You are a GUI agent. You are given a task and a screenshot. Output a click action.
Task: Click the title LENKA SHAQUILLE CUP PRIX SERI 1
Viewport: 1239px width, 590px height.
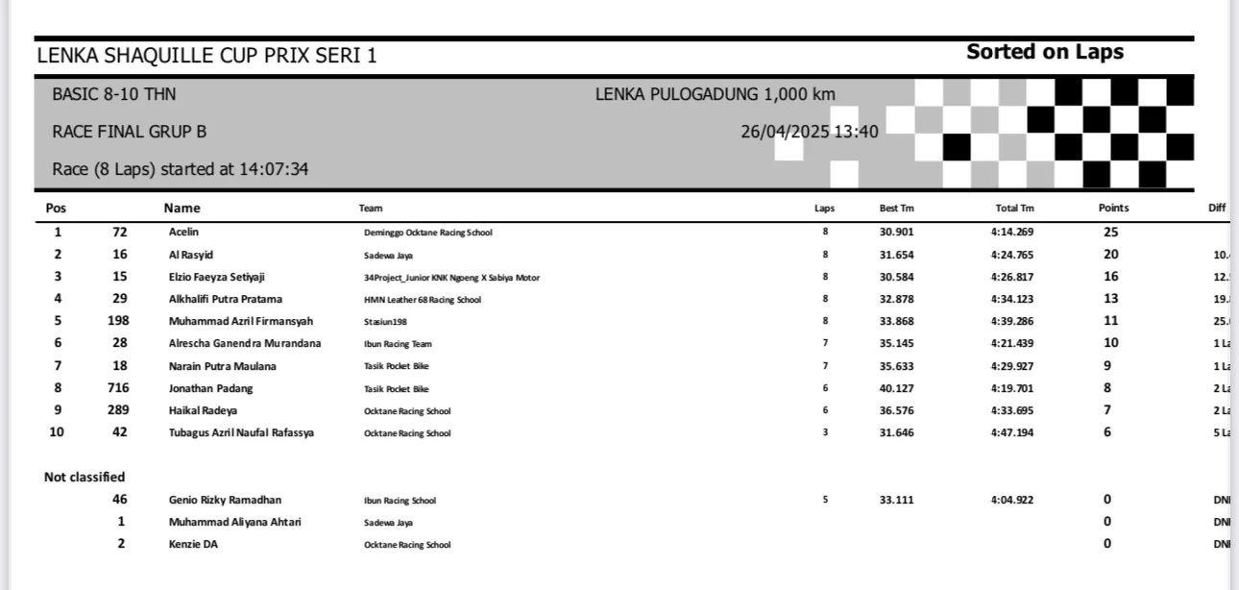(206, 56)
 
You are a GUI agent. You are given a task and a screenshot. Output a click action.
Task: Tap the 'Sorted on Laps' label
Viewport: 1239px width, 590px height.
(1044, 52)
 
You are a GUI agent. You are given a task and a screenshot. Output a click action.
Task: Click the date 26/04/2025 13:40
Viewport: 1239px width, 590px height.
(809, 132)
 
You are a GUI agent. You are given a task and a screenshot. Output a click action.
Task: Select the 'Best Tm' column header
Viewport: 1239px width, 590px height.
(896, 209)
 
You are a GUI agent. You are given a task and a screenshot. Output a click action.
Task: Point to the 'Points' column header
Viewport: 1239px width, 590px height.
(1113, 209)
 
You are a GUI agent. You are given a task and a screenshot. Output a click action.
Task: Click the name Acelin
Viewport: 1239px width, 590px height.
(183, 233)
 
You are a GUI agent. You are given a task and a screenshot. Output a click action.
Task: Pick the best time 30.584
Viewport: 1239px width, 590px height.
(896, 277)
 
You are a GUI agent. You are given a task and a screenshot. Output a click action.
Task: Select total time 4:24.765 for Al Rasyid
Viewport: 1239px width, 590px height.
(1012, 255)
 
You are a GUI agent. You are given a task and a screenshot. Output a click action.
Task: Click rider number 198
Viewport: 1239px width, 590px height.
(119, 321)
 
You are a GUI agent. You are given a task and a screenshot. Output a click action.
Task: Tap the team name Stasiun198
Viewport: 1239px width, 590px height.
(386, 322)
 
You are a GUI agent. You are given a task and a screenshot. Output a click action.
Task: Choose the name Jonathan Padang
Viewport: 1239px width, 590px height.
(210, 388)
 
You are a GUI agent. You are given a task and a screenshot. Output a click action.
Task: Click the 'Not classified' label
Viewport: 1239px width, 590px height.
(85, 478)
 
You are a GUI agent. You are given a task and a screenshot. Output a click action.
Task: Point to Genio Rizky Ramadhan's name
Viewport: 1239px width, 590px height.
(225, 500)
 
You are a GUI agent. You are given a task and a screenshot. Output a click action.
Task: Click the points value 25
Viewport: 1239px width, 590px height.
(1110, 233)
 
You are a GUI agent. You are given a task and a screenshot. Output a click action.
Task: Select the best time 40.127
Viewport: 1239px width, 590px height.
(896, 388)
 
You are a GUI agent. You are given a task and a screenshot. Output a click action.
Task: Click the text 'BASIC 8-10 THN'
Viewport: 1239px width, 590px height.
(114, 94)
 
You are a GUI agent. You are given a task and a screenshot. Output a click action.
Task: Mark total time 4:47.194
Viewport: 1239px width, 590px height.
(1012, 432)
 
